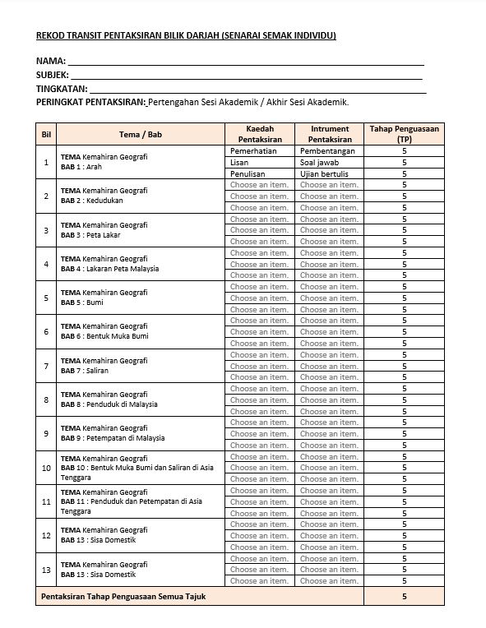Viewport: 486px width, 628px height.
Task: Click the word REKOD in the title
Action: coord(50,35)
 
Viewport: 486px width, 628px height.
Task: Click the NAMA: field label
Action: coord(50,61)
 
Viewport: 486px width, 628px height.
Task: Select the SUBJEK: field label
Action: coord(53,75)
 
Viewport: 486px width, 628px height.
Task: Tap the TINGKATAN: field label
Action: coord(61,89)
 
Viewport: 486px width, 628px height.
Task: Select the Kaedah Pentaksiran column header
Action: coord(259,134)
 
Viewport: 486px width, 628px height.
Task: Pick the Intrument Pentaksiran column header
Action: coord(329,134)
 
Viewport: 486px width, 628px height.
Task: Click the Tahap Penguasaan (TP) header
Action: coord(404,134)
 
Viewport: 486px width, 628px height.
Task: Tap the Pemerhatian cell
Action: coord(253,151)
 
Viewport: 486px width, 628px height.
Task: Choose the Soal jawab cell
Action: coord(319,163)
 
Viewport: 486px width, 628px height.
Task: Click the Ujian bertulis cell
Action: coord(324,174)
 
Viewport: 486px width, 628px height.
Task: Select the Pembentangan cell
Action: coord(327,151)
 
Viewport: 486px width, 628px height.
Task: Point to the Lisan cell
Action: coord(239,163)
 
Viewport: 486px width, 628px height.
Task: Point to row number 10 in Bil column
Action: coord(46,468)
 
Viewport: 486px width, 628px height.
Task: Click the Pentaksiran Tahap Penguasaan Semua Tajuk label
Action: coord(123,596)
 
